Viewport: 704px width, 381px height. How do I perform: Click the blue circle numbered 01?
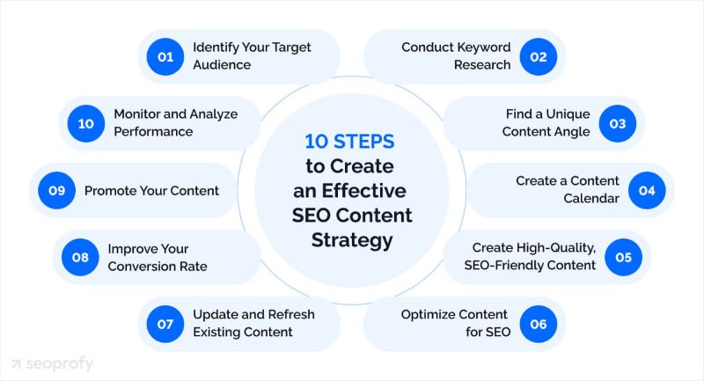(x=165, y=55)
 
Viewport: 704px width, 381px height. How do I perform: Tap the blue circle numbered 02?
(x=538, y=55)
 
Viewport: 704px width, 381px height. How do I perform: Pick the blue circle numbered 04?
(x=647, y=189)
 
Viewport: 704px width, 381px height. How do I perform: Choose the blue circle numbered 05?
(x=623, y=257)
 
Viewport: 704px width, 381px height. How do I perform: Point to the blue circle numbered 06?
(x=538, y=324)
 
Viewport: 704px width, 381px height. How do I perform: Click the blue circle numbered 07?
(x=165, y=324)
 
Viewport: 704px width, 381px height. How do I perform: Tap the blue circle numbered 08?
(x=78, y=257)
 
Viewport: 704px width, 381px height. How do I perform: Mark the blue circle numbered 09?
(x=55, y=189)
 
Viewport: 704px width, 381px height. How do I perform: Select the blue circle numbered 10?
(x=85, y=123)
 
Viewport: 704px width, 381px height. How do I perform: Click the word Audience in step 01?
(x=221, y=65)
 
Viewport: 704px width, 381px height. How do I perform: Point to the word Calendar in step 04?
(x=593, y=199)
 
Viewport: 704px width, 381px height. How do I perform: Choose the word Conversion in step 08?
(x=146, y=267)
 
